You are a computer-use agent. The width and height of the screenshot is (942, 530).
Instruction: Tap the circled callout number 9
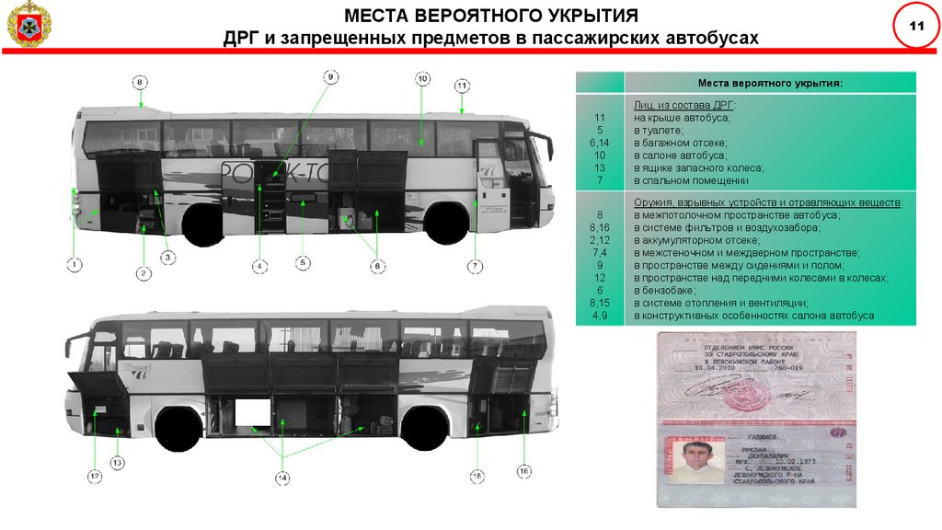330,76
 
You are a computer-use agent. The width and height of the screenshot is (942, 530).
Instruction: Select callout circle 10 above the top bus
422,79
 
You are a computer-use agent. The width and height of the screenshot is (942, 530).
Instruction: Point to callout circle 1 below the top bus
74,265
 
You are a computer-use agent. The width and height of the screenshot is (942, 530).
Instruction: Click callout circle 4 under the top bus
260,266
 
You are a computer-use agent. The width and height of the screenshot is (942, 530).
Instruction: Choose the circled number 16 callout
523,472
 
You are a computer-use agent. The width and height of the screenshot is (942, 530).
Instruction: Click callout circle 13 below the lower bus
117,462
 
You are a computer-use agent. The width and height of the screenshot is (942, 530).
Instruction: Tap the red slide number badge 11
915,26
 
